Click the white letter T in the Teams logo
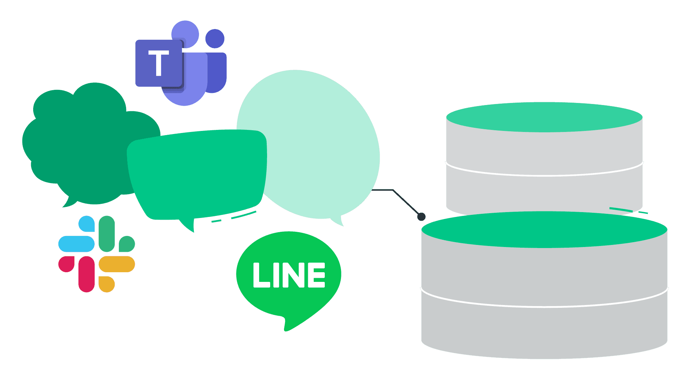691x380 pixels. click(159, 63)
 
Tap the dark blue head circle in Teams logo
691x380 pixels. click(215, 38)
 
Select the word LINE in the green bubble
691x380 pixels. click(289, 275)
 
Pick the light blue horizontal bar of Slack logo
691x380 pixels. click(76, 244)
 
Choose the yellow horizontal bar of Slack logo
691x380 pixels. click(117, 264)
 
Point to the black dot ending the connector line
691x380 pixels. click(421, 217)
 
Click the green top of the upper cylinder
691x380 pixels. click(544, 117)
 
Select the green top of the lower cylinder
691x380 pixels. click(544, 229)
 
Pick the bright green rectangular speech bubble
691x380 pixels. click(197, 173)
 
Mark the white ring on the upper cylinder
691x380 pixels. click(544, 175)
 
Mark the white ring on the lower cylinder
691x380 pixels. click(544, 306)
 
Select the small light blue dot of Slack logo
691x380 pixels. click(87, 224)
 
